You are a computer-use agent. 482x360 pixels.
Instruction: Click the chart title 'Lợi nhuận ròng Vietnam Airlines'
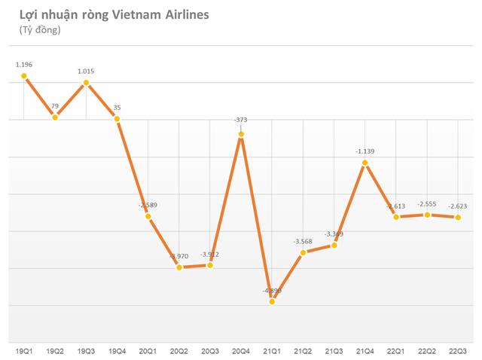[x=103, y=15]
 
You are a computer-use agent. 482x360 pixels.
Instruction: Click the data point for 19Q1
[x=24, y=75]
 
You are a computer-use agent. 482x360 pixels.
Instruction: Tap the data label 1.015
[x=86, y=72]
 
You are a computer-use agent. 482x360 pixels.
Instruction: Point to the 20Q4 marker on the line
[x=241, y=135]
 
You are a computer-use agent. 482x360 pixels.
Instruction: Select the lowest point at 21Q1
[x=273, y=301]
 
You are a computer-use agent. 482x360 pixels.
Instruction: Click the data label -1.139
[x=365, y=151]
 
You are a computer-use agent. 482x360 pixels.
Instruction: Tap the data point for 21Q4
[x=365, y=163]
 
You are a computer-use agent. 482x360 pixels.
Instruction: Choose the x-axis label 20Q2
[x=179, y=350]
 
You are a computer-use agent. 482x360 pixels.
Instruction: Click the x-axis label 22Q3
[x=458, y=350]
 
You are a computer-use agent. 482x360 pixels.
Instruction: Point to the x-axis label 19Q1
[x=24, y=350]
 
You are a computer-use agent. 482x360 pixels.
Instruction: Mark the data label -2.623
[x=458, y=205]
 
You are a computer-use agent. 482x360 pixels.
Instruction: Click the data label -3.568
[x=304, y=241]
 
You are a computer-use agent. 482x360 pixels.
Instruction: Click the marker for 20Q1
[x=148, y=217]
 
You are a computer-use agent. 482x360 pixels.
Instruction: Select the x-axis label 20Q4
[x=241, y=350]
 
